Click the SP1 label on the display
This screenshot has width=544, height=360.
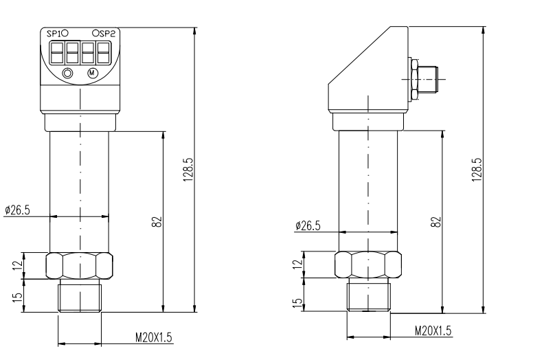[54, 34]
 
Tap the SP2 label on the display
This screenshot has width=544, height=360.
[107, 34]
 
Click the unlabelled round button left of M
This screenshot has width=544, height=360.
[68, 74]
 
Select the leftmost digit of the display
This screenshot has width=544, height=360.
[57, 52]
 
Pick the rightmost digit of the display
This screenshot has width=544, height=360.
[104, 52]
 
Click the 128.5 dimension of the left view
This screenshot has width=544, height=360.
[188, 170]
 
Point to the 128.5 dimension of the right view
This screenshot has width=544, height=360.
[477, 170]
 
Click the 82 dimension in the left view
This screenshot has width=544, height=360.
[157, 222]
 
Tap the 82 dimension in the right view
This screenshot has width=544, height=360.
[436, 222]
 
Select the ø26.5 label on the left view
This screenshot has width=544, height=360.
[17, 210]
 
